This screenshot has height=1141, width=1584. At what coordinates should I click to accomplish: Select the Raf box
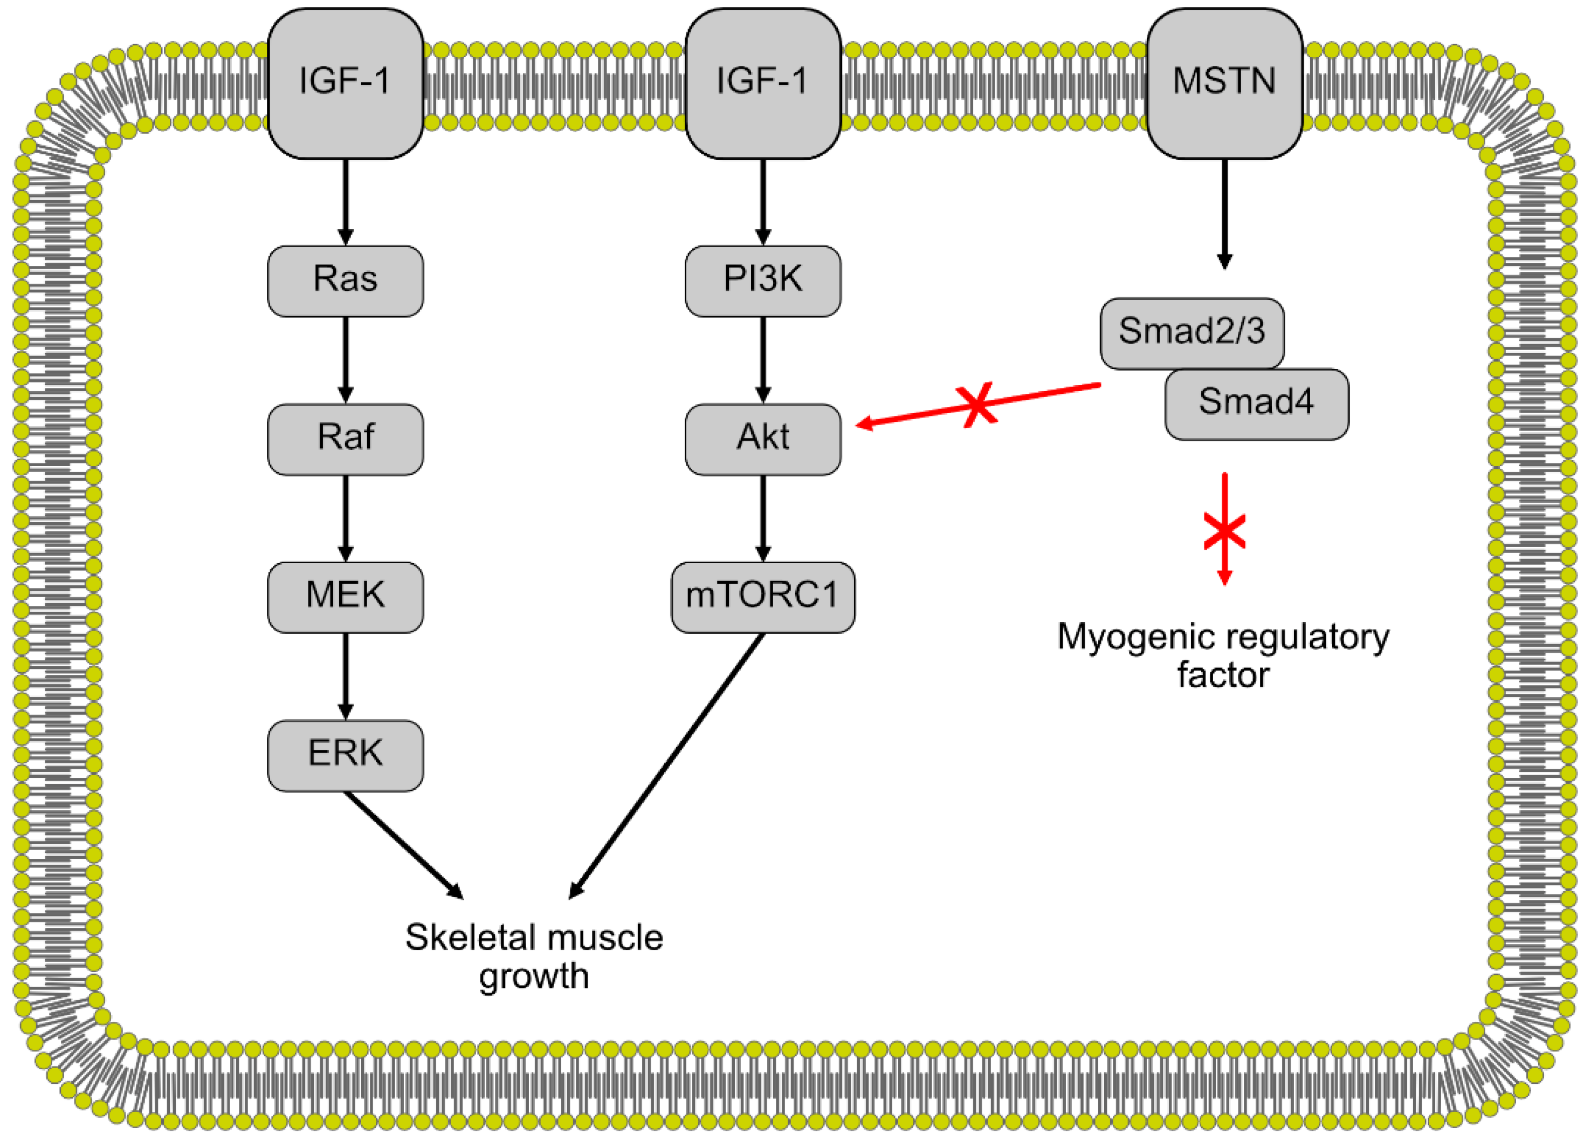point(345,439)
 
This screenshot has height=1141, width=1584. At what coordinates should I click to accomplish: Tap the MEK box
point(345,597)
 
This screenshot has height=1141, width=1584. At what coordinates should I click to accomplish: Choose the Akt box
point(763,439)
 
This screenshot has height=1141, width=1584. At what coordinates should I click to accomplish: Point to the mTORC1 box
point(763,597)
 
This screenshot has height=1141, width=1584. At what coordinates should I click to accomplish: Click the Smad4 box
point(1256,404)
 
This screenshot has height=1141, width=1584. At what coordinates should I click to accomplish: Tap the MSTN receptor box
point(1224,83)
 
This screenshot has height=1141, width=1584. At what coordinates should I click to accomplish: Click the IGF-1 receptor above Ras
point(345,83)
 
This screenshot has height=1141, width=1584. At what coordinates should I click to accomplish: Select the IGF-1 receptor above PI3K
point(763,83)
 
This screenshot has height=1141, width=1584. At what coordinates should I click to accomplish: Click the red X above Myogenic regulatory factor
point(1224,530)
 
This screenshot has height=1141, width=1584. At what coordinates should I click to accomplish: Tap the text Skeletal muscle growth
point(534,956)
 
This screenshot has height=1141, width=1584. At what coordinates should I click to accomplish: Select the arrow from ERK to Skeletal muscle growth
point(404,844)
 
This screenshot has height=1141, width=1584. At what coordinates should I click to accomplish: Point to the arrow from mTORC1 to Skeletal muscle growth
point(667,764)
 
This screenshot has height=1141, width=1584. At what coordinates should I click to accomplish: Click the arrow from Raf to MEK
point(345,517)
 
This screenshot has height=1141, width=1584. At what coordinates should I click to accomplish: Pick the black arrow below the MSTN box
point(1224,213)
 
